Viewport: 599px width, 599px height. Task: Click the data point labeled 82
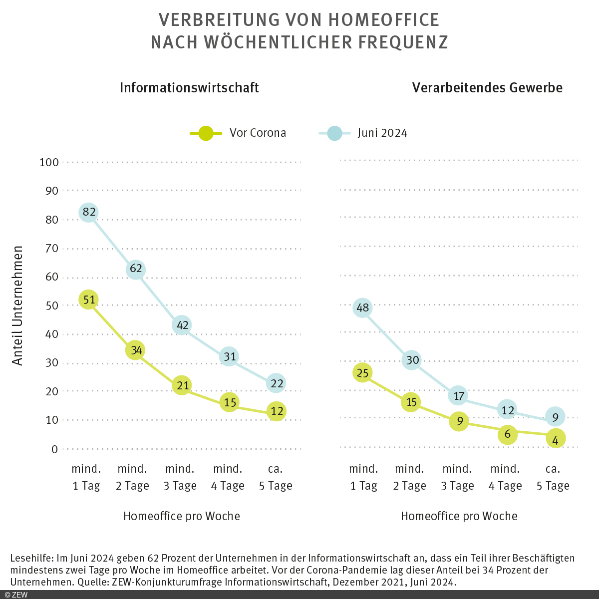pos(89,213)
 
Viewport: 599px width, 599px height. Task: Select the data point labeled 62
pos(136,269)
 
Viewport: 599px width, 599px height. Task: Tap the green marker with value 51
pos(89,300)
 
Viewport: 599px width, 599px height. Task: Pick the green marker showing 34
pos(135,350)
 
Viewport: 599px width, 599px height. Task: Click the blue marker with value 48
pos(363,308)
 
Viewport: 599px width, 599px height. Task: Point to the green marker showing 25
pos(363,373)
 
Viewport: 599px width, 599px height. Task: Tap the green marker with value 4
pos(555,439)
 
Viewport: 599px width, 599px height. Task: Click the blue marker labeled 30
pos(411,360)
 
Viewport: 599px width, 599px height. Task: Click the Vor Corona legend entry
pos(238,133)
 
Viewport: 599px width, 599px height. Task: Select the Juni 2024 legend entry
pos(363,133)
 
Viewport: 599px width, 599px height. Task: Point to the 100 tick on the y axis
pos(49,163)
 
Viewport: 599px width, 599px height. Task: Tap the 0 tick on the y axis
pos(54,449)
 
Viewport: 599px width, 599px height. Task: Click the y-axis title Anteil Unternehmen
pos(18,305)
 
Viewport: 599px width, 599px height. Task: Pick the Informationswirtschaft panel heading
pos(189,88)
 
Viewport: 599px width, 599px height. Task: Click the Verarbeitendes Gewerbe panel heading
pos(487,88)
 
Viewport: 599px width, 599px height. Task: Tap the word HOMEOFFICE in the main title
pos(383,20)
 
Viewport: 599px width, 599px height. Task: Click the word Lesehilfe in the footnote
pos(31,558)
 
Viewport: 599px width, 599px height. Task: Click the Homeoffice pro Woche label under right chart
pos(459,516)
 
